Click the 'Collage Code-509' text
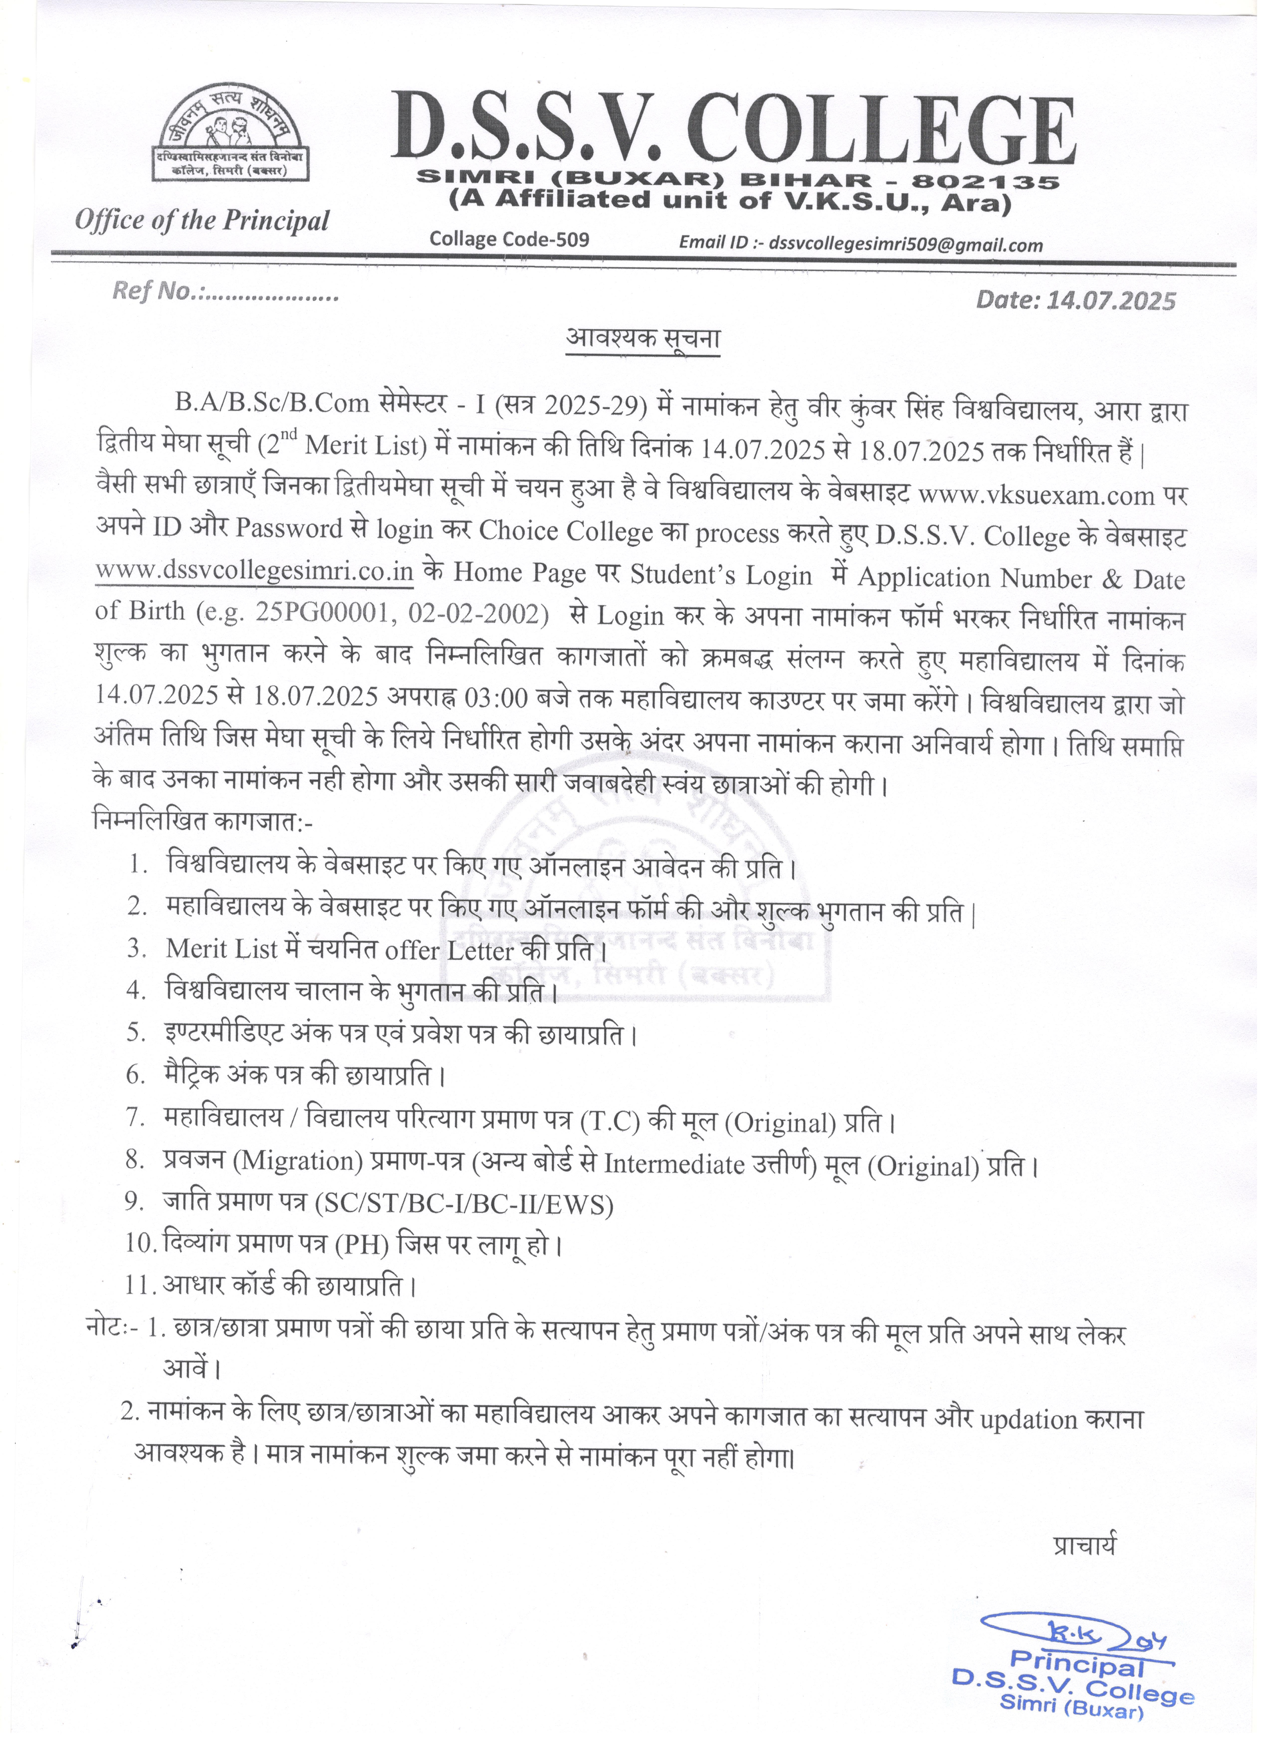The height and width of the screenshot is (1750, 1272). [x=509, y=239]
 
